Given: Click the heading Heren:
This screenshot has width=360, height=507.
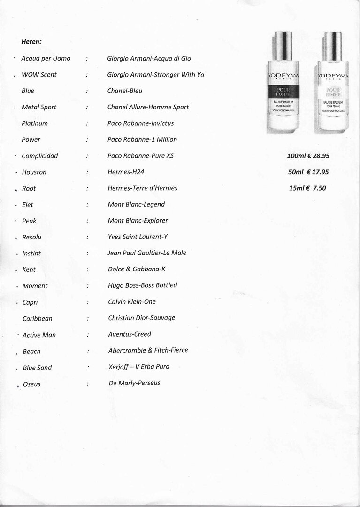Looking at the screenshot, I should pos(31,41).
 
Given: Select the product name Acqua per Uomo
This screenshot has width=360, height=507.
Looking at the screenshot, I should pos(46,58).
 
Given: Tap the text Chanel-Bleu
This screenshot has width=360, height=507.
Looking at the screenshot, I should pos(124,91).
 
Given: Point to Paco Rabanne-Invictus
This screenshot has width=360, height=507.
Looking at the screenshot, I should pos(140,123).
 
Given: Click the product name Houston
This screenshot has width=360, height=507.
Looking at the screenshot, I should pos(34,172).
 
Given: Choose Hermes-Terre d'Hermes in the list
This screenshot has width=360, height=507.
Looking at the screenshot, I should pos(142,188).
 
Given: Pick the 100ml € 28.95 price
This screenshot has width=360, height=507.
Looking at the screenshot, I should pos(308,155).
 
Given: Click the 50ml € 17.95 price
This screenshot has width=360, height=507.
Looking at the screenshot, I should pos(308,172).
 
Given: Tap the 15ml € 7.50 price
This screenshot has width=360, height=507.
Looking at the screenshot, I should pos(307,188).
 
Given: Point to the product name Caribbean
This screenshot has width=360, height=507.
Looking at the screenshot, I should pos(38,319).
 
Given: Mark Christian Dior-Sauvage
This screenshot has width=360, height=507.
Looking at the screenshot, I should pos(141,318).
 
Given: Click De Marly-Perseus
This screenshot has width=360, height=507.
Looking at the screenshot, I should pos(134,383).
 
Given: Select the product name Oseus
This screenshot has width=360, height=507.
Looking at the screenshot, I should pos(32,384).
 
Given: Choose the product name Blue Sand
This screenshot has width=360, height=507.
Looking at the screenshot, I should pos(38,368).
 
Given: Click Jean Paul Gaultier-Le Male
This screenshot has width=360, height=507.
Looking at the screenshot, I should pos(147,253).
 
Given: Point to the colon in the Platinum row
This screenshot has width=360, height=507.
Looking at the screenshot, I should pos(87,123).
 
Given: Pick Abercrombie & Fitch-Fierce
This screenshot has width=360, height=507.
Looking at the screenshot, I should pos(148,350).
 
